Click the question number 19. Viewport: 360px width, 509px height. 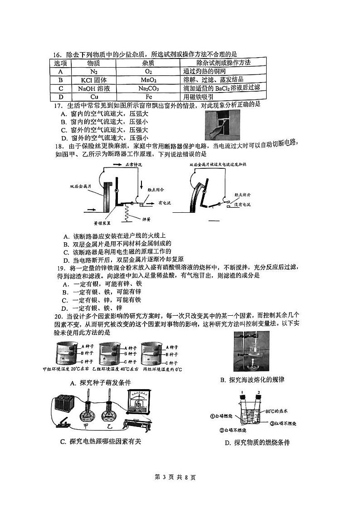(x=58, y=268)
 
